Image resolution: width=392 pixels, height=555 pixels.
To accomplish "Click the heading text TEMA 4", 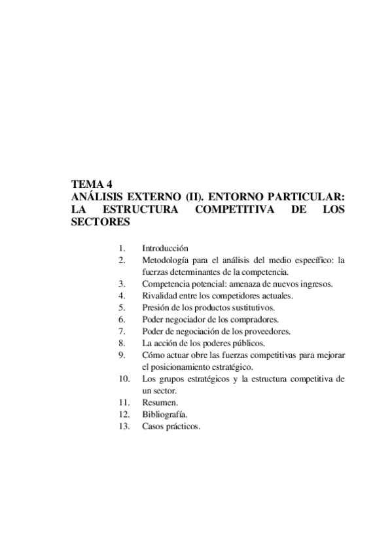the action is click(x=92, y=185).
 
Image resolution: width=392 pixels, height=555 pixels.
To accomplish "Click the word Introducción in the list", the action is click(x=164, y=248).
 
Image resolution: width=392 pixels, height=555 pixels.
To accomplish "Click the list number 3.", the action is click(x=122, y=283).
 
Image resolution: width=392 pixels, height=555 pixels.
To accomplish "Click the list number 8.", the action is click(x=122, y=343).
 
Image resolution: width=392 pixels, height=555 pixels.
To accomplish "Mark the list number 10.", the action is click(x=124, y=379).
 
